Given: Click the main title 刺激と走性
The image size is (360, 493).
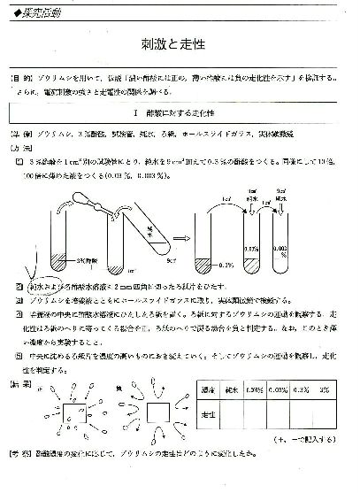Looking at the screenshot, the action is point(180,42).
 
